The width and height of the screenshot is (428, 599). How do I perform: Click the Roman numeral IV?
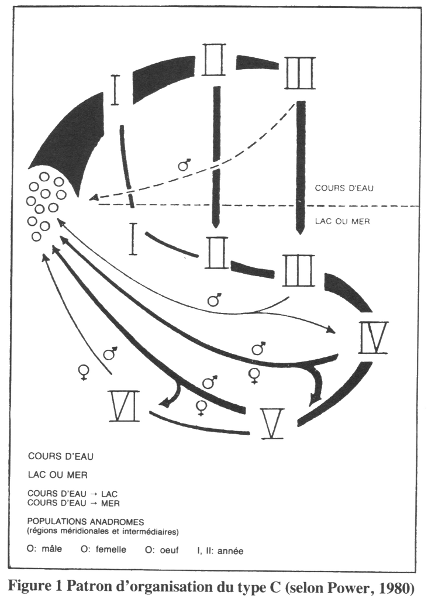[374, 338]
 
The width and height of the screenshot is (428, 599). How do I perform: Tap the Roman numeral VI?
[124, 406]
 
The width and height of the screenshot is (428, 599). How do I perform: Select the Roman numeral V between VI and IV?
[272, 424]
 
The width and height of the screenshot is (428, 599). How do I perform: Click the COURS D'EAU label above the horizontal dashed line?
[344, 188]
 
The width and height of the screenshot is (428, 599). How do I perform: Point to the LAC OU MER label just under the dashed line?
[343, 221]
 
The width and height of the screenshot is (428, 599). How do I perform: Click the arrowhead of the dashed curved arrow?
[93, 198]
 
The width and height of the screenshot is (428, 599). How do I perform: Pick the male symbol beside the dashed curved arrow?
[185, 164]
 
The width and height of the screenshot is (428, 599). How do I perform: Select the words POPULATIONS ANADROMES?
[85, 521]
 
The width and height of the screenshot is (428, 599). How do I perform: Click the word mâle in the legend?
[51, 549]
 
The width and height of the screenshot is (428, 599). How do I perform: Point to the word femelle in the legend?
[111, 549]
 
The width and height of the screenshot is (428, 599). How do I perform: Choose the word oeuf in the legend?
[170, 550]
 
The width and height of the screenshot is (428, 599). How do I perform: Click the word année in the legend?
[231, 551]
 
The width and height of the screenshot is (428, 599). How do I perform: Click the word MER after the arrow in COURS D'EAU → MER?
[110, 503]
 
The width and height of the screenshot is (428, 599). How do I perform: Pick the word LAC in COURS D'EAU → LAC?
[109, 494]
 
